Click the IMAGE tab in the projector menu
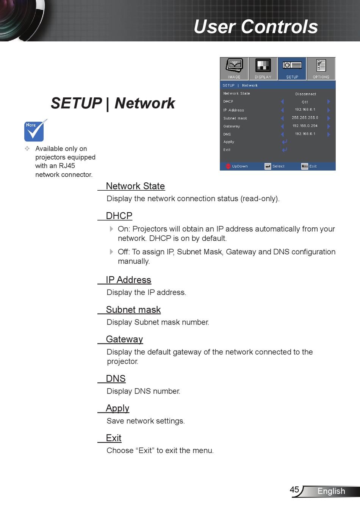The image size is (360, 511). click(234, 69)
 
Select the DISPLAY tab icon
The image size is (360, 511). click(263, 66)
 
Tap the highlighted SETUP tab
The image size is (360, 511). click(292, 69)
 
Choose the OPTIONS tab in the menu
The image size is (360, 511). click(321, 69)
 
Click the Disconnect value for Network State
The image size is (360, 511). click(305, 94)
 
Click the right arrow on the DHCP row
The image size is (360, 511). click(329, 102)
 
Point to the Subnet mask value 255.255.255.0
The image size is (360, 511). click(305, 118)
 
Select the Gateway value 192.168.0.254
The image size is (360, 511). click(305, 126)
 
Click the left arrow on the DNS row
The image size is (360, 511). click(282, 134)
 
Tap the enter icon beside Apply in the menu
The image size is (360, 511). click(284, 142)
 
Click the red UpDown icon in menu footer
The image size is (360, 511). click(228, 166)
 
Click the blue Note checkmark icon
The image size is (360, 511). click(34, 131)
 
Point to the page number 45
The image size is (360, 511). click(294, 489)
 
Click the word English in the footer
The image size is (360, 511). click(331, 491)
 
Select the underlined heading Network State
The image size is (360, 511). click(135, 186)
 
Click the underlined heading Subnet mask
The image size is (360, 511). click(133, 310)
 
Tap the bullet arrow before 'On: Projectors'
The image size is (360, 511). click(111, 229)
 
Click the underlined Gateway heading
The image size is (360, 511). click(124, 339)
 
